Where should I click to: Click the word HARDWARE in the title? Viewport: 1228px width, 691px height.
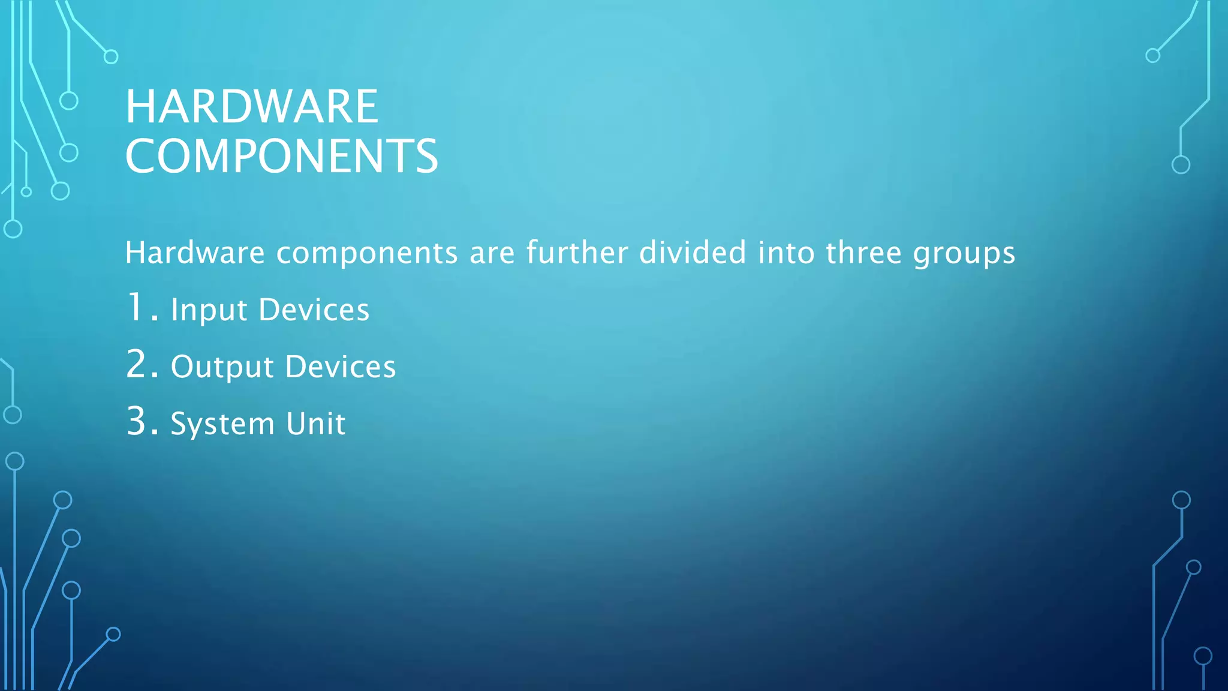252,107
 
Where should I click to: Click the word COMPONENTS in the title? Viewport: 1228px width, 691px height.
282,156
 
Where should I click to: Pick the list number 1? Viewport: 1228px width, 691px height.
137,307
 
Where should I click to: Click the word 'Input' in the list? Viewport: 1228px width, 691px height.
209,311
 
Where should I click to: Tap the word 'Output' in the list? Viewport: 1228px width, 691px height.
222,367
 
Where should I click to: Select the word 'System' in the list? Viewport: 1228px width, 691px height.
222,425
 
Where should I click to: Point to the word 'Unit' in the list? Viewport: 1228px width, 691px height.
315,423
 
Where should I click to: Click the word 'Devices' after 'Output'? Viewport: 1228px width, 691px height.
341,366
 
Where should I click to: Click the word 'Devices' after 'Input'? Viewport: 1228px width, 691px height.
314,310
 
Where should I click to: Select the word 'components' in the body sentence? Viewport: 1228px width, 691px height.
367,253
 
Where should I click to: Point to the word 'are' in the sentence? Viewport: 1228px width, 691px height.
492,253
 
